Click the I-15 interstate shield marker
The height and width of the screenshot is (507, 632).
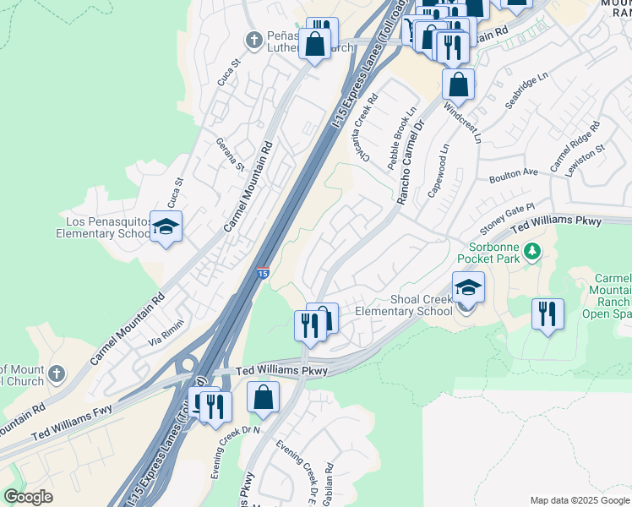coord(263,274)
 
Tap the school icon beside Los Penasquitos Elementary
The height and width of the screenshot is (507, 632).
coord(166,226)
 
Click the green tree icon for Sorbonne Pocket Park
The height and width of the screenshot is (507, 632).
coord(531,251)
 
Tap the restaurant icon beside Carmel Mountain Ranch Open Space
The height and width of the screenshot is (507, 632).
coord(548,314)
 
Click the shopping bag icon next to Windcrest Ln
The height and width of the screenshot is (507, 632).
coord(458,84)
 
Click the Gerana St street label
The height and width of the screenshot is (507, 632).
coord(229,155)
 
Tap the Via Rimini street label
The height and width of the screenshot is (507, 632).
coord(166,335)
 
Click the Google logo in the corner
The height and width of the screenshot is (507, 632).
coord(28,497)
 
